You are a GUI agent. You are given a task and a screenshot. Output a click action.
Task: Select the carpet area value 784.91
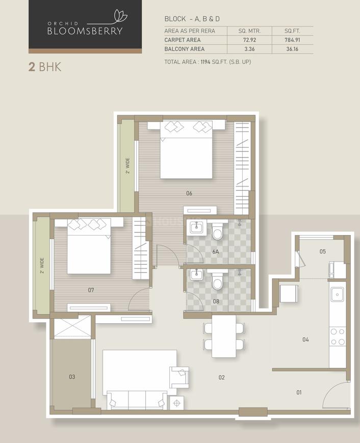(292, 40)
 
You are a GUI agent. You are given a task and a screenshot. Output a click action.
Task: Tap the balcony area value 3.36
(249, 49)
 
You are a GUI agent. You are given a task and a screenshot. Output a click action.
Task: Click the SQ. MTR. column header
(249, 31)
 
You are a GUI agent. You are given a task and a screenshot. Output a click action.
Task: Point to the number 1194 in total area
(205, 62)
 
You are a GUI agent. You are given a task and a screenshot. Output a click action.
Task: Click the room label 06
(189, 193)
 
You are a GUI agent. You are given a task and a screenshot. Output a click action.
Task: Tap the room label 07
(91, 290)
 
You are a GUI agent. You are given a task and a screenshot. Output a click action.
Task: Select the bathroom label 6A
(216, 252)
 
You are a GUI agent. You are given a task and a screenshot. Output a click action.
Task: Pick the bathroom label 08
(216, 301)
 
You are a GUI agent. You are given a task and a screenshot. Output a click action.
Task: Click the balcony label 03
(72, 377)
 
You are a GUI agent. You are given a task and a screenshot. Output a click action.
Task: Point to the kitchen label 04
(305, 340)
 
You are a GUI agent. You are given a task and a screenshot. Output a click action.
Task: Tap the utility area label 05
(322, 251)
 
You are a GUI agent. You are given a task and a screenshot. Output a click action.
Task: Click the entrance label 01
(299, 392)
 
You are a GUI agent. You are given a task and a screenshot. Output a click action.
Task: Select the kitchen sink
(338, 295)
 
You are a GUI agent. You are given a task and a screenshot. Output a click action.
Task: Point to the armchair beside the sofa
(179, 377)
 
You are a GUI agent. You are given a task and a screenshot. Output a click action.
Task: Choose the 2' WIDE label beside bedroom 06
(127, 166)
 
